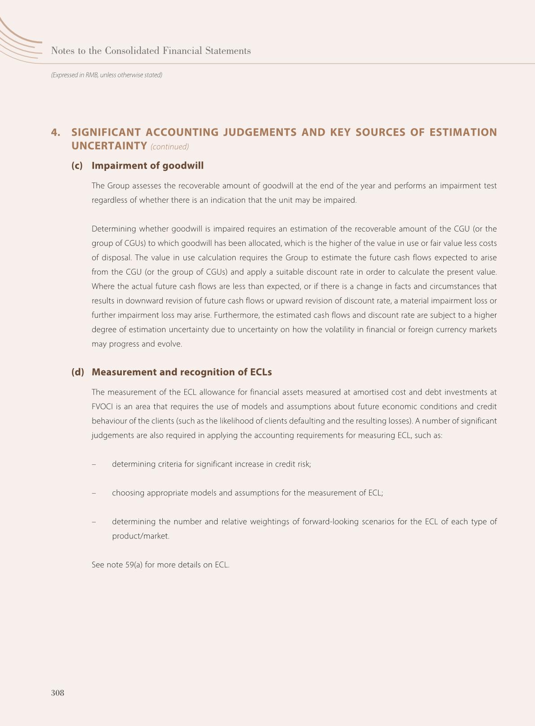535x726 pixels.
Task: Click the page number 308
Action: click(x=58, y=693)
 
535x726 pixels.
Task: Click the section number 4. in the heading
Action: click(x=56, y=132)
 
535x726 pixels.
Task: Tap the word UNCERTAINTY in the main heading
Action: click(x=109, y=146)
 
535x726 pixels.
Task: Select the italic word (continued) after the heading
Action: click(x=170, y=147)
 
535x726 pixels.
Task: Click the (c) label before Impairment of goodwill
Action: click(x=77, y=166)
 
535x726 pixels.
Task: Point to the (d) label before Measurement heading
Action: click(x=77, y=372)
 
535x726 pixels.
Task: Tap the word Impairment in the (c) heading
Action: click(x=114, y=166)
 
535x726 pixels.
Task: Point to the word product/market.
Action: click(x=141, y=536)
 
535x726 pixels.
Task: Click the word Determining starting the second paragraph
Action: click(x=113, y=229)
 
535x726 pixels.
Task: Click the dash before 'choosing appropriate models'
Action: click(x=94, y=493)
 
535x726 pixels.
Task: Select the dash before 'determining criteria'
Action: click(x=94, y=464)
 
